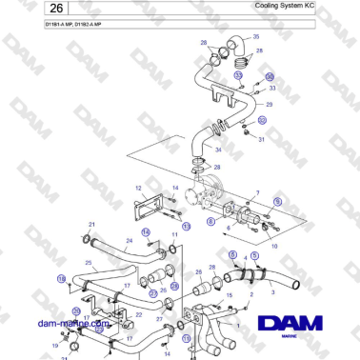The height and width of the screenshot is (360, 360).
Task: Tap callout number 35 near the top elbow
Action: (x=253, y=39)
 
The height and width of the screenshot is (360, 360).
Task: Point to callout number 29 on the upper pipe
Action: (x=270, y=104)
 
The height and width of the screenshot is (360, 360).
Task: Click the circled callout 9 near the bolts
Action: (x=278, y=202)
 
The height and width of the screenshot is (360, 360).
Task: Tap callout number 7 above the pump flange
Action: (x=256, y=193)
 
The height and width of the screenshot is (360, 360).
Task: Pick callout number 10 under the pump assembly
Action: (x=274, y=245)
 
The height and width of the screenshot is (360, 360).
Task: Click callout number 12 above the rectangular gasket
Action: (x=139, y=189)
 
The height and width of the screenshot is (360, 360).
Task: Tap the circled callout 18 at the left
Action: (x=61, y=279)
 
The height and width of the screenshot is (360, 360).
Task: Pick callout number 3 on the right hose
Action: (x=274, y=296)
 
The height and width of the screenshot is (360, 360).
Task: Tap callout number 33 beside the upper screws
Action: (x=271, y=88)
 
